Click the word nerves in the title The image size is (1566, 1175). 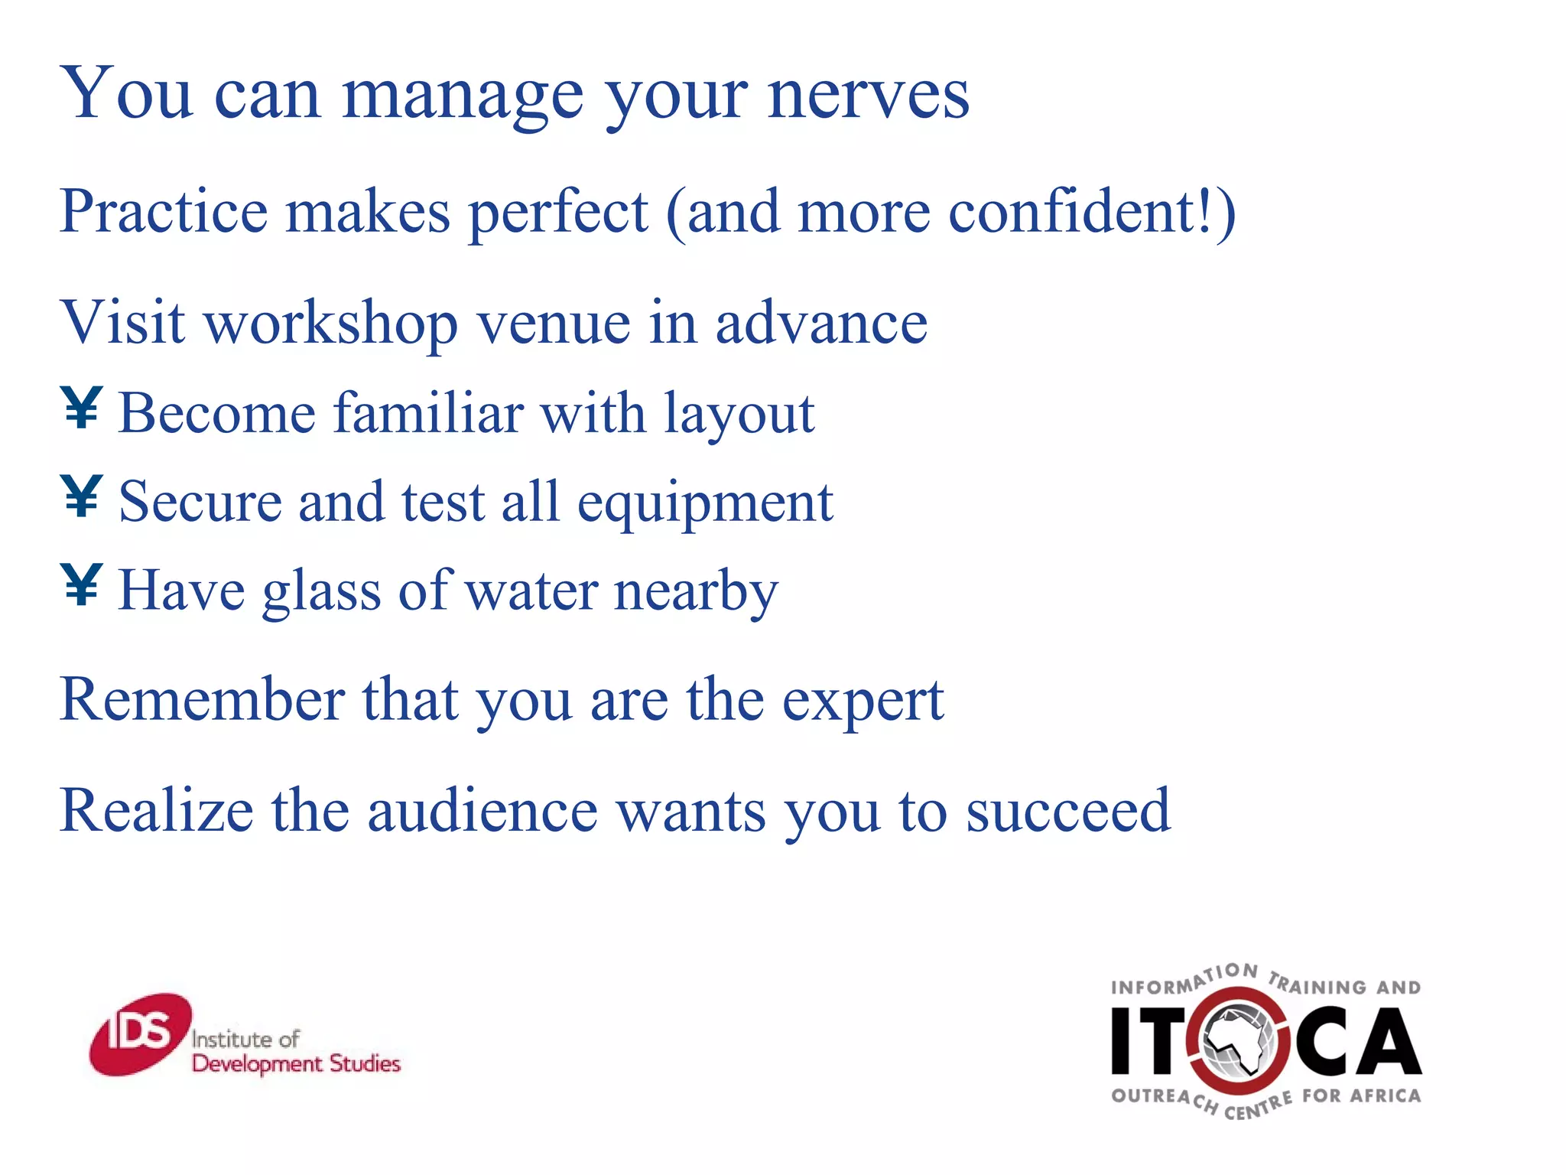click(x=868, y=96)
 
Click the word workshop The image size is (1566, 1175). click(x=331, y=323)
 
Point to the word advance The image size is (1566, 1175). click(x=820, y=323)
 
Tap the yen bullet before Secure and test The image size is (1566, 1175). click(x=81, y=496)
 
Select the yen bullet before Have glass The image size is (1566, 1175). click(x=81, y=585)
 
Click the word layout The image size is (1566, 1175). click(x=739, y=413)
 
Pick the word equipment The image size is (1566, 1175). click(x=704, y=503)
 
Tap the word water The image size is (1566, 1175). click(x=531, y=591)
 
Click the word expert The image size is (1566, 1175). click(x=863, y=700)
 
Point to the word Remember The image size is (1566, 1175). click(x=202, y=700)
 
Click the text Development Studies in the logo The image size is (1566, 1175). click(x=296, y=1063)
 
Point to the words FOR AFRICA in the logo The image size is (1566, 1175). click(x=1361, y=1096)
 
